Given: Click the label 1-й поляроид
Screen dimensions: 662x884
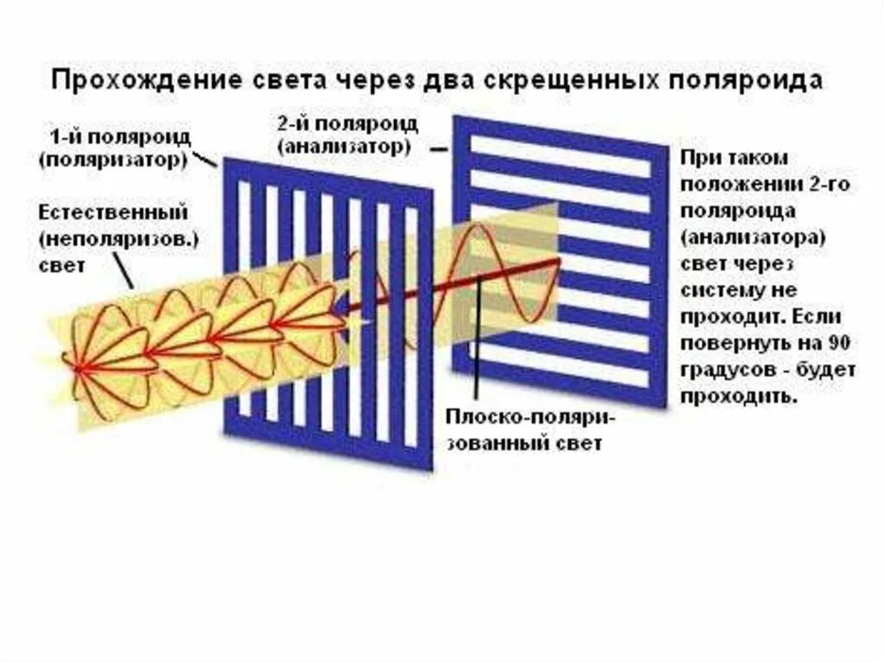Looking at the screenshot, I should coord(121,139).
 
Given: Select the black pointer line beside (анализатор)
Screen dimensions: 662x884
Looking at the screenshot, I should coord(439,148).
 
